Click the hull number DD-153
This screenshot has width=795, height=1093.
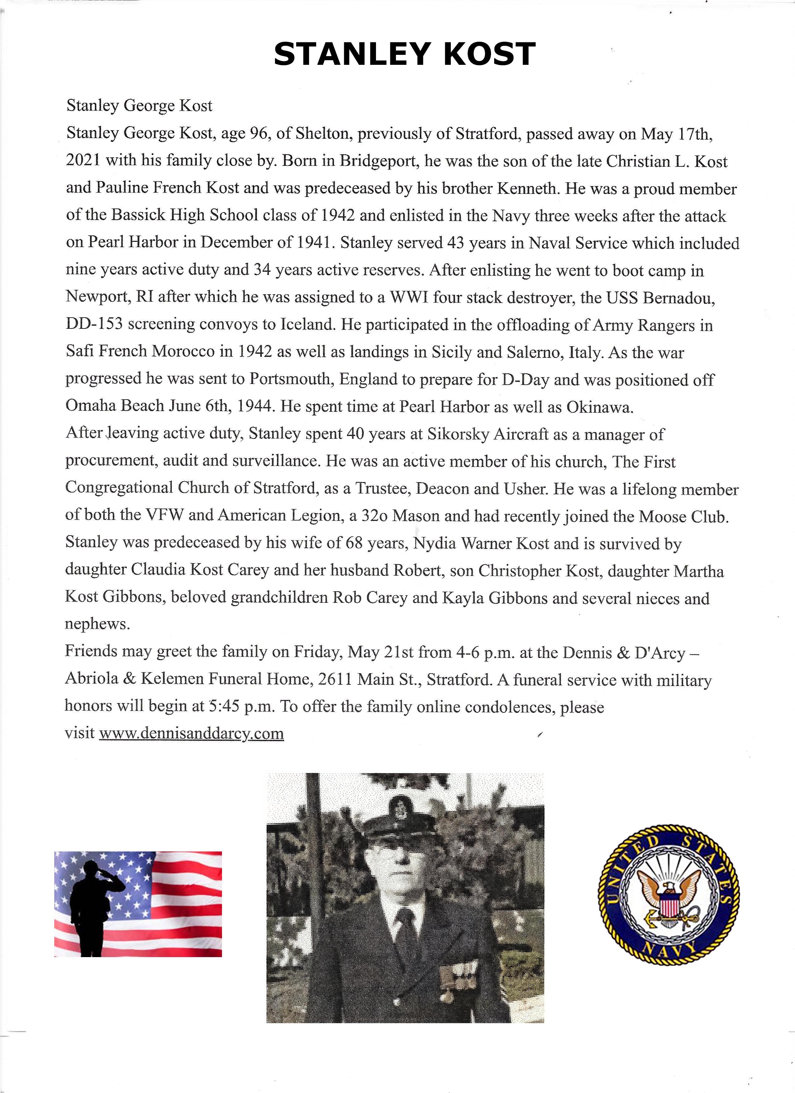(94, 324)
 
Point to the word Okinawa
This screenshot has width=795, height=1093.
(599, 407)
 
